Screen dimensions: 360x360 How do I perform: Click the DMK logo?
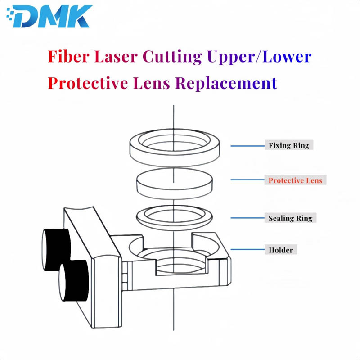[49, 16]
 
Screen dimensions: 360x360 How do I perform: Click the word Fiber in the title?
[68, 57]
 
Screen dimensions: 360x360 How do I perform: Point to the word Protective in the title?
[88, 83]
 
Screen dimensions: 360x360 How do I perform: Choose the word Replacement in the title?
[226, 84]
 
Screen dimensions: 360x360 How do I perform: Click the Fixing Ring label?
[289, 145]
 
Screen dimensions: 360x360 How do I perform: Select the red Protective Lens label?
[295, 180]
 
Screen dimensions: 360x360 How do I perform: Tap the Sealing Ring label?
[290, 218]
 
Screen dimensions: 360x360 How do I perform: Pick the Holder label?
[281, 250]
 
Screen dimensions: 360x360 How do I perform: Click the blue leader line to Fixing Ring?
[248, 146]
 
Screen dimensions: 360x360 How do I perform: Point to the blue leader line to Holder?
[248, 249]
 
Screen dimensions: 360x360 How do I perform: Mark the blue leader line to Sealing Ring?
[248, 218]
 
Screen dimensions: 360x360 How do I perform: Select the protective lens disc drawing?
[175, 182]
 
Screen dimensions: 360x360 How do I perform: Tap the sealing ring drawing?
[175, 217]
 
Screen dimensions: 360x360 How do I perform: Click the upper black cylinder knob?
[56, 249]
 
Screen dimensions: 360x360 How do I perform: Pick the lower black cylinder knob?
[73, 280]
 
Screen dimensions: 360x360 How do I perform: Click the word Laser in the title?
[116, 57]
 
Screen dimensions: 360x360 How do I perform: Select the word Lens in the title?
[152, 83]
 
